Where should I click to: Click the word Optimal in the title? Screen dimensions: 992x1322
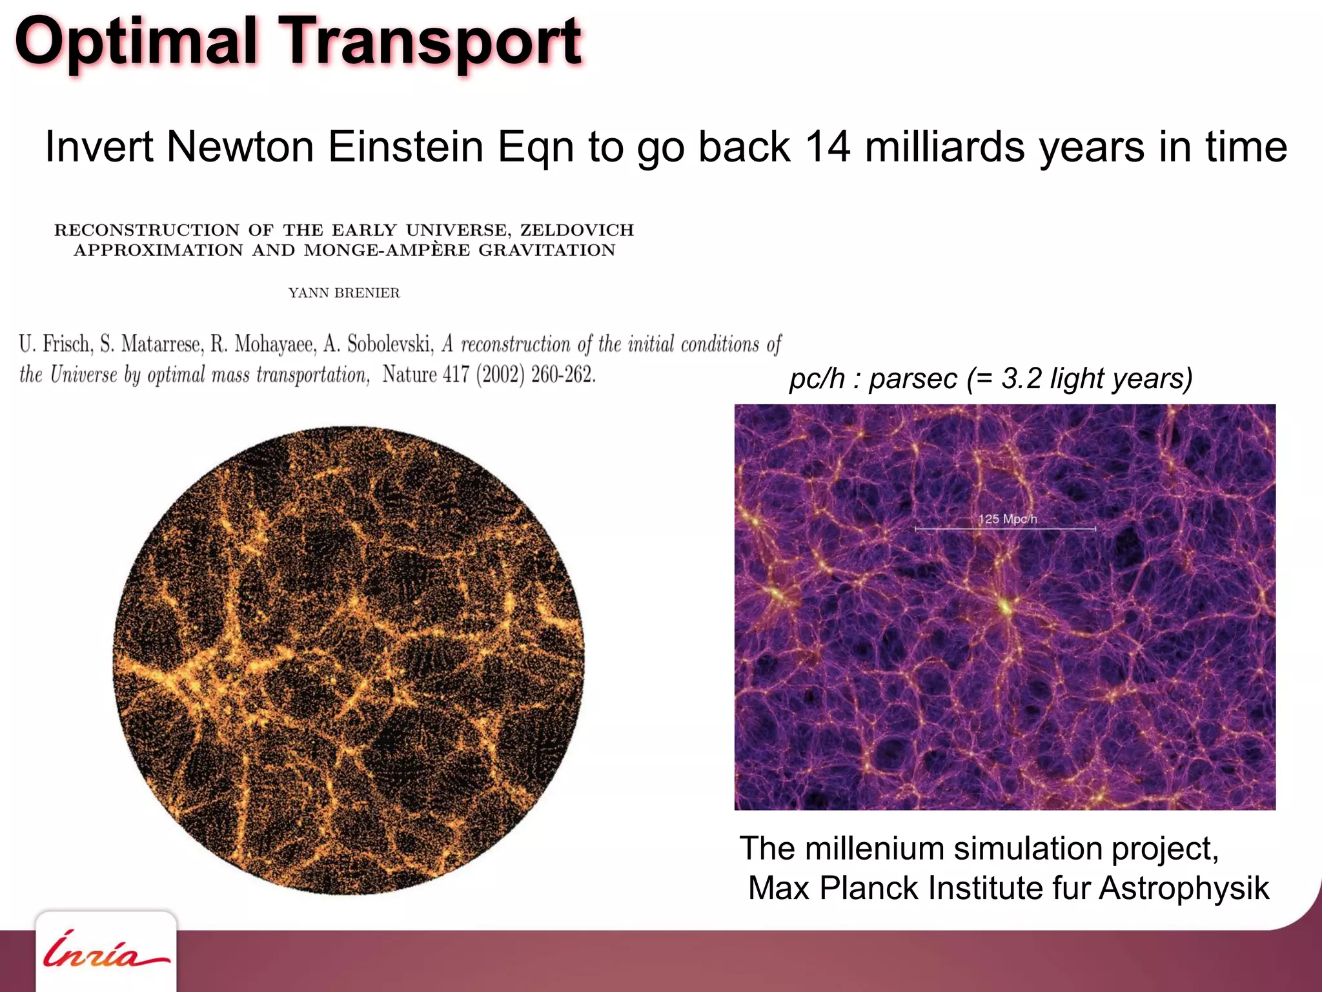(136, 42)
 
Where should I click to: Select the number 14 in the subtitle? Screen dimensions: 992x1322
(828, 147)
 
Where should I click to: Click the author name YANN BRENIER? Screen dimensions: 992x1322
(344, 293)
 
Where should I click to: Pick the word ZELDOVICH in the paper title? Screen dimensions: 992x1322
(577, 231)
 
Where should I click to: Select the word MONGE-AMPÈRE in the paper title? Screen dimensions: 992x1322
(387, 251)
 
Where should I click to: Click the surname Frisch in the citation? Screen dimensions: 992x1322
(67, 344)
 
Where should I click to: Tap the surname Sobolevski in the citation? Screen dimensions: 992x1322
(390, 344)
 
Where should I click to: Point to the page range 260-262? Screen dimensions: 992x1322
(563, 375)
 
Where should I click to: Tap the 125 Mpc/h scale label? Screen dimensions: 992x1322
(1007, 519)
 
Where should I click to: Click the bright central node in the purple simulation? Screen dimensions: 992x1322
(1005, 606)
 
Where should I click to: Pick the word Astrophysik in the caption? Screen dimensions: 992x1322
(1184, 888)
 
